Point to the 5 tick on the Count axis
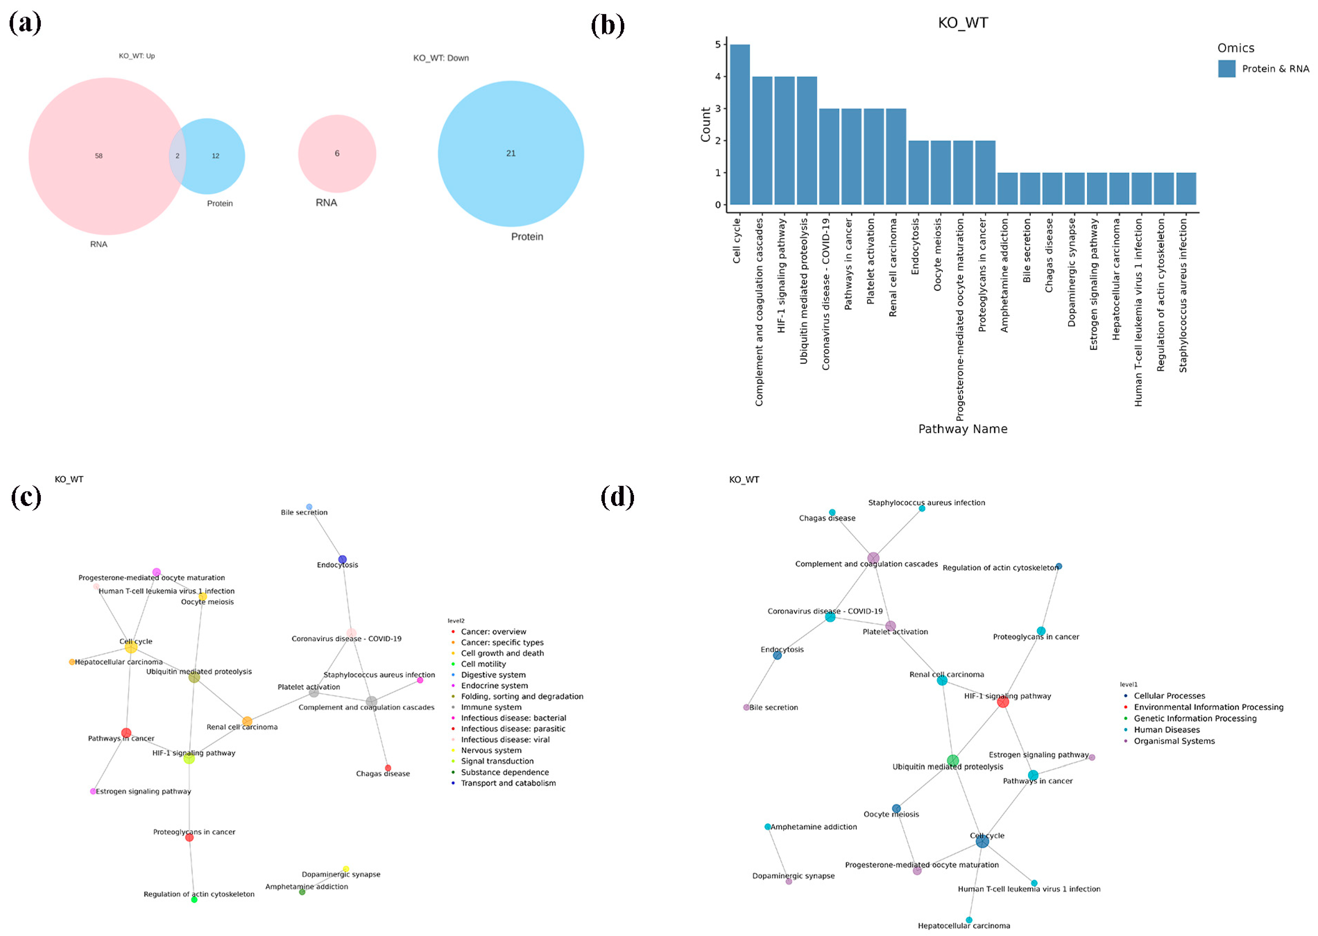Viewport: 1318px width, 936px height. pos(718,44)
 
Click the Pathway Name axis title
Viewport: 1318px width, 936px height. pos(962,429)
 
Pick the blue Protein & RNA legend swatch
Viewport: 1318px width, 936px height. pos(1226,69)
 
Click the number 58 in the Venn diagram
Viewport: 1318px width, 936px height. pos(99,156)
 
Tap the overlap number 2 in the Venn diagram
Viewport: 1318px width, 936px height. pos(178,156)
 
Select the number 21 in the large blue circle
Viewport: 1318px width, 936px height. pos(511,153)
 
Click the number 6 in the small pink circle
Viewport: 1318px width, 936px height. pos(337,153)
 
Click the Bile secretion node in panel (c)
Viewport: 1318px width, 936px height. pos(309,507)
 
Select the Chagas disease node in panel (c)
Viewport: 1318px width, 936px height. pos(388,768)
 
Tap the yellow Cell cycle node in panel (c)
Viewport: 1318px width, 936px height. pos(131,647)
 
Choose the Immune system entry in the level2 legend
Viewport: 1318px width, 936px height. pos(491,707)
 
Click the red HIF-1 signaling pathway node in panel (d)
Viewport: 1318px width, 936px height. pos(1003,702)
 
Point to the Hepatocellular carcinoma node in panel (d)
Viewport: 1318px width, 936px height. pos(969,920)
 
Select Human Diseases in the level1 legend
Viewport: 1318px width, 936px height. pos(1166,730)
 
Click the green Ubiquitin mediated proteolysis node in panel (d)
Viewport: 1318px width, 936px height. pos(953,760)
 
